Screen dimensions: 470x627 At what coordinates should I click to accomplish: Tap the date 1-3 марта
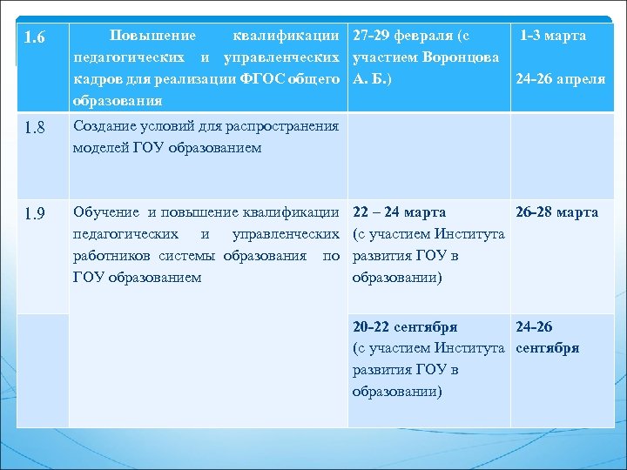point(553,36)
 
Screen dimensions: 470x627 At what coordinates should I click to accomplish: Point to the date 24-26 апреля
point(560,79)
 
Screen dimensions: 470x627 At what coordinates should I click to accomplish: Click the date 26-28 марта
point(556,212)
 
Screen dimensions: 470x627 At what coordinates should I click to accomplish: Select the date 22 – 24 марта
point(400,212)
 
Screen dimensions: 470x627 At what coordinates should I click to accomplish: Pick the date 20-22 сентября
point(405,327)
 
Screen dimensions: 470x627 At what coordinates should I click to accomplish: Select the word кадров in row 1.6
point(94,79)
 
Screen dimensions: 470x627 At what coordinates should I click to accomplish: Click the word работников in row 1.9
point(115,256)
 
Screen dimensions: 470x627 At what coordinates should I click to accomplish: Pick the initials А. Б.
point(369,79)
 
